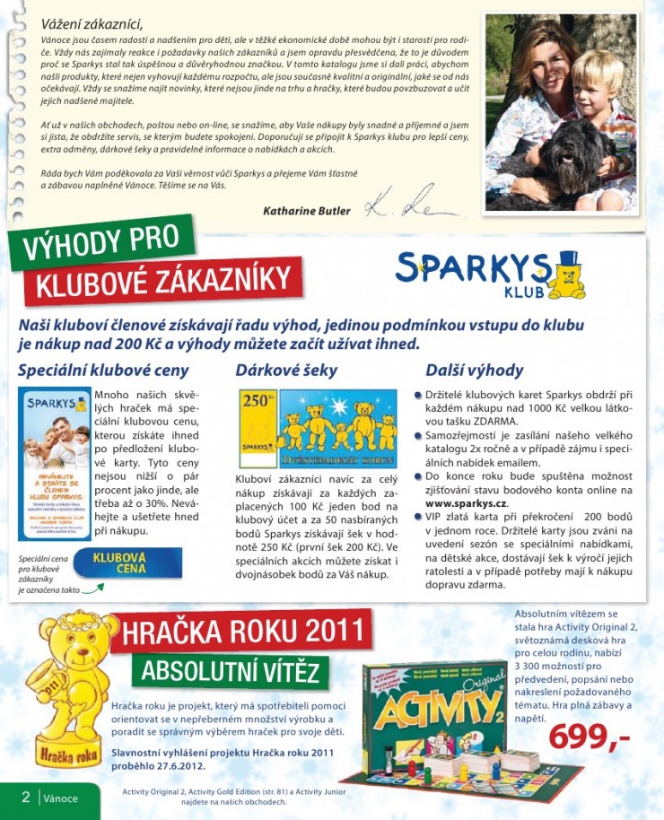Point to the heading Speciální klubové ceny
(103, 370)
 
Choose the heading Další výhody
(474, 370)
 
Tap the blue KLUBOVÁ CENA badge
(131, 563)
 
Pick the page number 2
(26, 797)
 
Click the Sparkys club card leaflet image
(55, 463)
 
